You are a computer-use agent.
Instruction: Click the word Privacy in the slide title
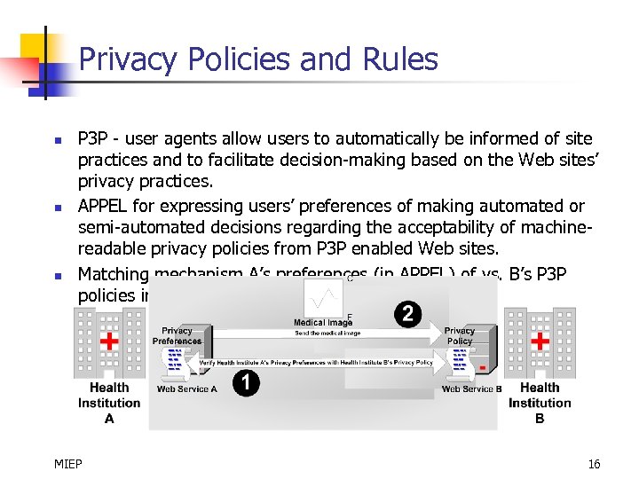pos(115,59)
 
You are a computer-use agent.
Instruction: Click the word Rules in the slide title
pos(401,59)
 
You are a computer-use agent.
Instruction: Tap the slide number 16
pos(594,464)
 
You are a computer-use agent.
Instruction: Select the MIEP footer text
pos(68,464)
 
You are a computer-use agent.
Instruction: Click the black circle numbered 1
pos(246,382)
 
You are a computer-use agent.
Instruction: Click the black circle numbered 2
pos(407,314)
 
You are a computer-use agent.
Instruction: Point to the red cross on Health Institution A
pos(109,342)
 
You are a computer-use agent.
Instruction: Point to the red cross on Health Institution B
pos(539,342)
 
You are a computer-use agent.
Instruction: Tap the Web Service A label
pos(186,389)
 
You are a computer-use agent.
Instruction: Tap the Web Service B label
pos(471,389)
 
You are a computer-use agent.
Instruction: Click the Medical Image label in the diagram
pos(323,323)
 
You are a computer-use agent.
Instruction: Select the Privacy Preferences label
pos(177,335)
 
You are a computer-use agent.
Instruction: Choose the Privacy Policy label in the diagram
pos(460,335)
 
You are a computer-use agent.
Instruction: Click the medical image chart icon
pos(322,295)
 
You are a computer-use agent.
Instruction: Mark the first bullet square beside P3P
pos(57,140)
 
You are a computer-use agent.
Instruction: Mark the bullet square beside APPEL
pos(57,208)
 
